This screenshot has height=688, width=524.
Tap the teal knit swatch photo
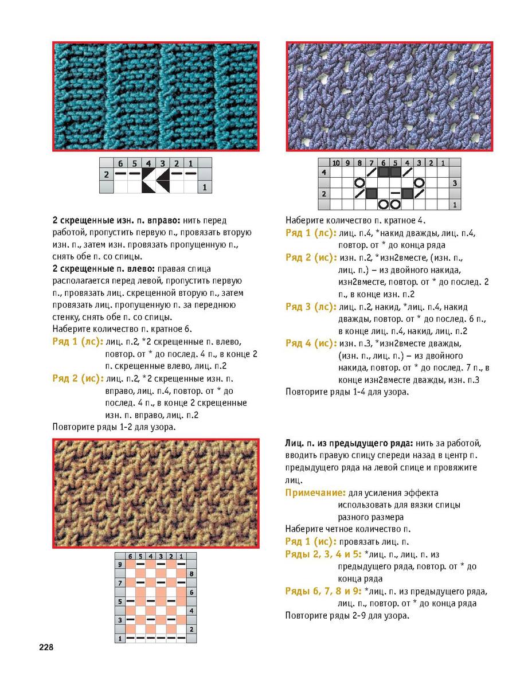point(155,96)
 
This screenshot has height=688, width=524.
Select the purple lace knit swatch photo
point(389,96)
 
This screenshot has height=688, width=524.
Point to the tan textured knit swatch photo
point(155,493)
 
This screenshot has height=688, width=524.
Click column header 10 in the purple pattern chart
point(336,163)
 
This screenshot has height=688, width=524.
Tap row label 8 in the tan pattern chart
point(191,573)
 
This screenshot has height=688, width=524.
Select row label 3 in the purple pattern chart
point(453,183)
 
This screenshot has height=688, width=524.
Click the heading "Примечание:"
point(315,492)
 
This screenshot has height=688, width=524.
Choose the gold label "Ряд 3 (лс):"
point(311,307)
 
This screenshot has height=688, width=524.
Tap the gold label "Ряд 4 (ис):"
point(311,343)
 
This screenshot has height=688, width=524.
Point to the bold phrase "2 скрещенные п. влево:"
point(103,268)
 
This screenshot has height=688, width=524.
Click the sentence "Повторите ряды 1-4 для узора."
point(347,392)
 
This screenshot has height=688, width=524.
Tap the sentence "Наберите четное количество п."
point(348,529)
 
